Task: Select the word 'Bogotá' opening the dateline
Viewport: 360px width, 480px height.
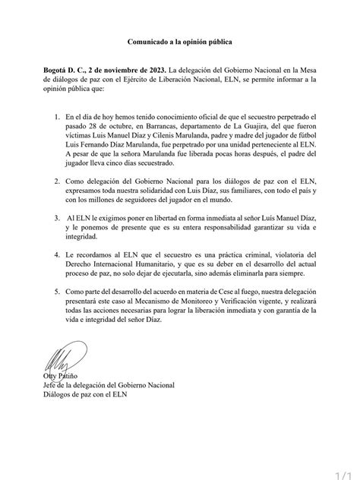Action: tap(58, 69)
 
